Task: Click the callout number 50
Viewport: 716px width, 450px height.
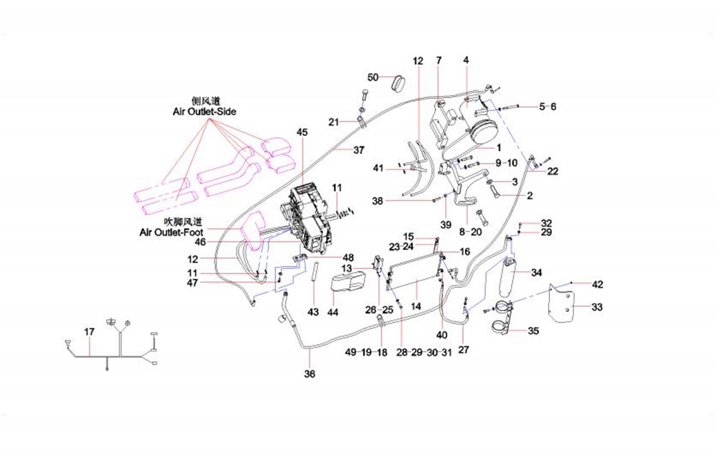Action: tap(373, 76)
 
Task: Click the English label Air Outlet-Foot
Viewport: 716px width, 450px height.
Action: tap(171, 233)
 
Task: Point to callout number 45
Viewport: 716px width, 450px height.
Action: tap(302, 131)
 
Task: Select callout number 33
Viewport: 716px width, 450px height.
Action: tap(597, 307)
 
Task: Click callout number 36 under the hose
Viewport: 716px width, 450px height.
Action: tap(309, 374)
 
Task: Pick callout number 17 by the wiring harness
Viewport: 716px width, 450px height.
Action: tap(89, 332)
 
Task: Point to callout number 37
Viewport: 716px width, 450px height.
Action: tap(359, 150)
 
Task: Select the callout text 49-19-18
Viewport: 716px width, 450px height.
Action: tap(366, 352)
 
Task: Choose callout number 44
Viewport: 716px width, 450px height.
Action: tap(333, 313)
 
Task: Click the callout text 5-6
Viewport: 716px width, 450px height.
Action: tap(548, 106)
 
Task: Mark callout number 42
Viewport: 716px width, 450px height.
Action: tap(597, 284)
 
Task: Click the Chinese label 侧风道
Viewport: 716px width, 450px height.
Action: tap(204, 100)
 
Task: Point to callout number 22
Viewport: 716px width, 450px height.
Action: tap(552, 171)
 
